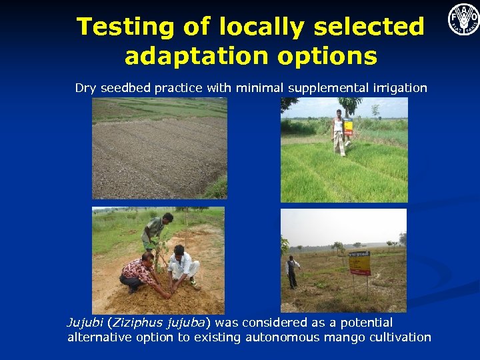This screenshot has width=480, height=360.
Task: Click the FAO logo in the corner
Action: tap(463, 19)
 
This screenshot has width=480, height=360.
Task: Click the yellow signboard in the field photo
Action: tap(359, 263)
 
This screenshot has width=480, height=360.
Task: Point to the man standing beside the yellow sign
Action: tap(291, 272)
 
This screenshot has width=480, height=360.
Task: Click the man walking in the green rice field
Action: tap(339, 133)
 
